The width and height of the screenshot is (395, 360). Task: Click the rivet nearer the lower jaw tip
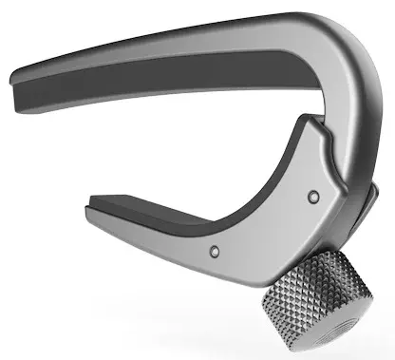click(214, 251)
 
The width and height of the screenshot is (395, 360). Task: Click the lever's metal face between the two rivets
click(266, 223)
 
